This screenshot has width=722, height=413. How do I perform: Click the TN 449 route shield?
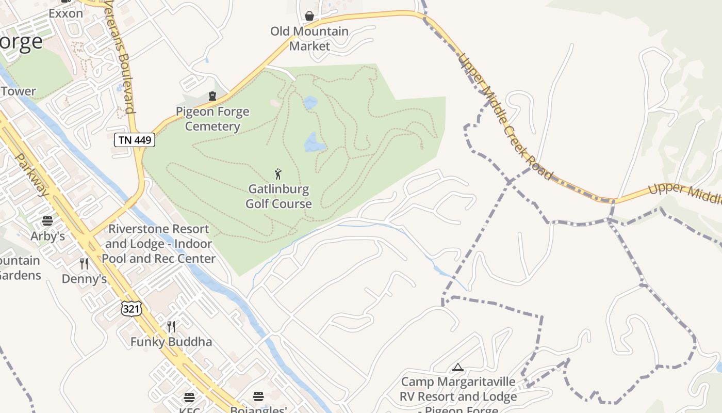coord(135,140)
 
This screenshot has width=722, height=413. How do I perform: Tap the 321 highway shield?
coord(131,309)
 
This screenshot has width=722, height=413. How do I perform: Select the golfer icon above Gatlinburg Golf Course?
coord(278,174)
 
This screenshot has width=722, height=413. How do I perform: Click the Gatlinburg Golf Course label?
coord(278,196)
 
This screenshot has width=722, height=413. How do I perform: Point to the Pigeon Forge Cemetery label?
coord(212,119)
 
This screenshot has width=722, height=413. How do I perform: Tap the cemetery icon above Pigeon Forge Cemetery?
coord(212,96)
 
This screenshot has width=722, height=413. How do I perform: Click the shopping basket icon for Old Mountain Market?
coord(309,16)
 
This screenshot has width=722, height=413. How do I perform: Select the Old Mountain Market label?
coord(309,39)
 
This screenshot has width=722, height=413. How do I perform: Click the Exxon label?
coord(66,13)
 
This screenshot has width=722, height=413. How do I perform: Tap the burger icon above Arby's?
coord(47,221)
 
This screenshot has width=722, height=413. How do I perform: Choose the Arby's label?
coord(48,236)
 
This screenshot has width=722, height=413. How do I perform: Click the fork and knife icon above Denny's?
coord(84,264)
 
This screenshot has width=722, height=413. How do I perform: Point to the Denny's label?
coord(84,279)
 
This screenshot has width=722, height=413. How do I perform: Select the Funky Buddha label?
coord(171,342)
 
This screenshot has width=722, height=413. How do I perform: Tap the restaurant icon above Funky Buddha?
coord(171,327)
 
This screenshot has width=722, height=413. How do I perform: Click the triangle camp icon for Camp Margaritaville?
coord(457,368)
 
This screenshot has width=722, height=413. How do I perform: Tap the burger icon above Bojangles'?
coord(258,396)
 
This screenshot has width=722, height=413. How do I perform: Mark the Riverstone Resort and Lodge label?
coord(158,244)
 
